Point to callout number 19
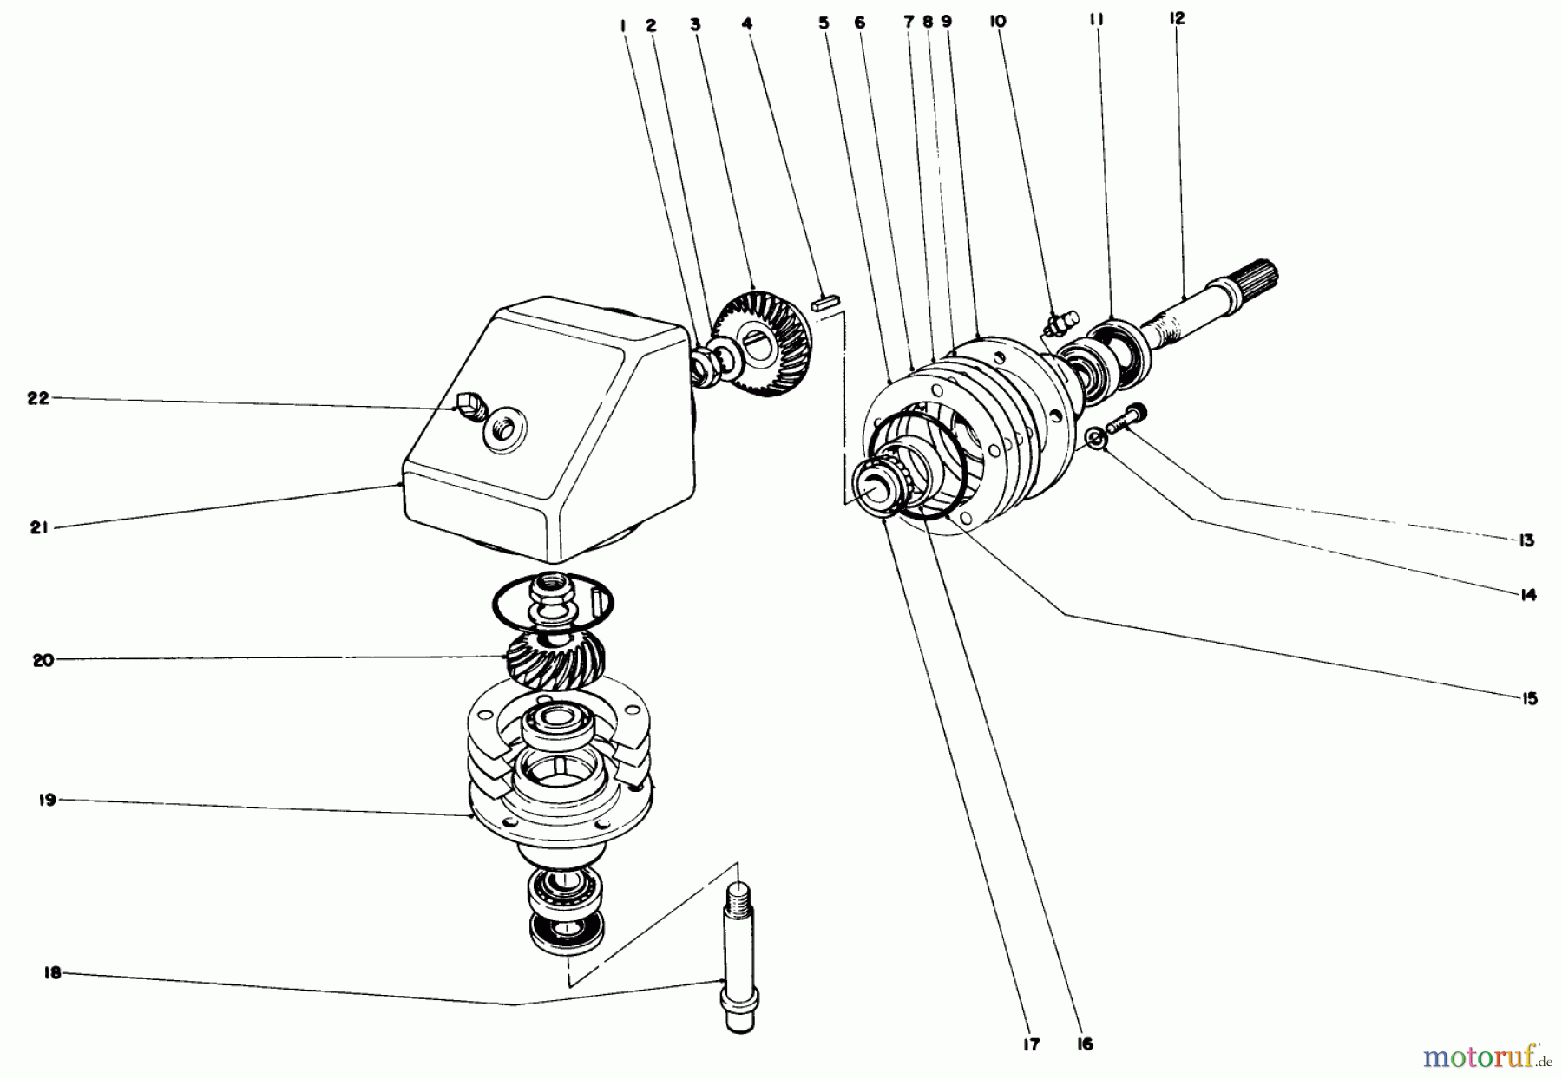47,800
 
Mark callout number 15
1528,698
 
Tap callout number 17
1030,1045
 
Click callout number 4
746,25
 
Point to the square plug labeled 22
468,402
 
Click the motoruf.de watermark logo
1485,1056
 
